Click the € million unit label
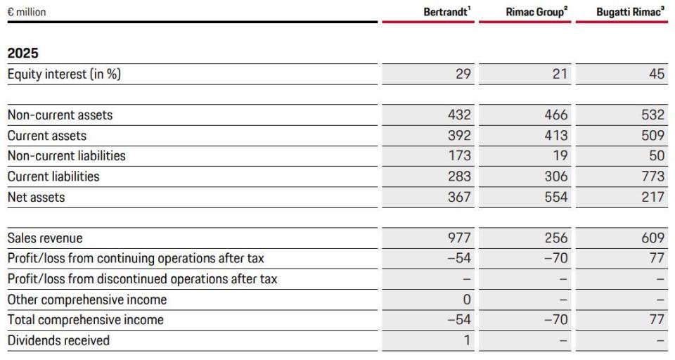click(x=27, y=12)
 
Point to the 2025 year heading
click(x=22, y=53)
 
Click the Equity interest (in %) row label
click(x=64, y=74)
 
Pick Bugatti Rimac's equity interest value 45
click(x=657, y=74)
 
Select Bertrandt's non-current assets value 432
click(x=459, y=115)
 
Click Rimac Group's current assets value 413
click(x=556, y=135)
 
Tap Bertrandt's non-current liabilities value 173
click(x=460, y=155)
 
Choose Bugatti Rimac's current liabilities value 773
click(x=653, y=176)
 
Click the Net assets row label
click(x=36, y=197)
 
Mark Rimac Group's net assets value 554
click(x=556, y=197)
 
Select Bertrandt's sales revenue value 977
click(x=459, y=238)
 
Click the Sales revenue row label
click(x=45, y=238)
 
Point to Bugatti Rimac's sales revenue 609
click(x=653, y=238)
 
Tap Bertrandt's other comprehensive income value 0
click(x=467, y=300)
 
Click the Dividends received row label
click(x=58, y=340)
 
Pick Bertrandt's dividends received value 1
click(x=468, y=340)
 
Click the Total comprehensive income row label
click(x=86, y=320)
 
